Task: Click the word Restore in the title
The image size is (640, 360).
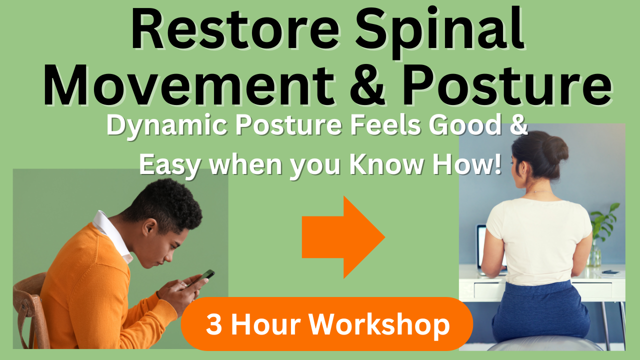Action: click(x=235, y=29)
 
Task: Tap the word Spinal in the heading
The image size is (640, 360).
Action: click(x=440, y=32)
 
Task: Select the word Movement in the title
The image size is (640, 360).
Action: click(x=188, y=85)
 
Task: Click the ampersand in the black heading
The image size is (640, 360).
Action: click(x=367, y=85)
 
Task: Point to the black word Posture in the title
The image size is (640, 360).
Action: click(x=506, y=85)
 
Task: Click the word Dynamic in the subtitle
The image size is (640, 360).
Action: click(x=167, y=125)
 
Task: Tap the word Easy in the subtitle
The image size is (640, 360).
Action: click(x=169, y=165)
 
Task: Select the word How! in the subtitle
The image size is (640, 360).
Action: click(x=467, y=164)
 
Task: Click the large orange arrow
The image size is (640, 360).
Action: click(x=343, y=237)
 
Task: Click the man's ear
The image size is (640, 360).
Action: click(x=149, y=227)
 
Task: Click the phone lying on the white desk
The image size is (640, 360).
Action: click(x=609, y=272)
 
